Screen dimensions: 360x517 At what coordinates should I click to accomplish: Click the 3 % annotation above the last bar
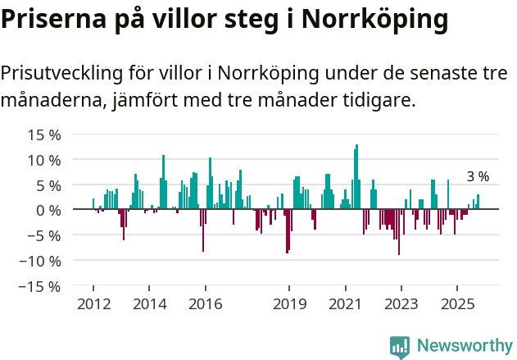(x=478, y=176)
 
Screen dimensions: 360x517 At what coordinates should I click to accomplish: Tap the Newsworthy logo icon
(x=400, y=347)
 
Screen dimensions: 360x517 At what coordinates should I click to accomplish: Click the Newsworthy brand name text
(x=464, y=346)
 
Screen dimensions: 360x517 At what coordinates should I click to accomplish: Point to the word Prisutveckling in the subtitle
(x=61, y=73)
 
